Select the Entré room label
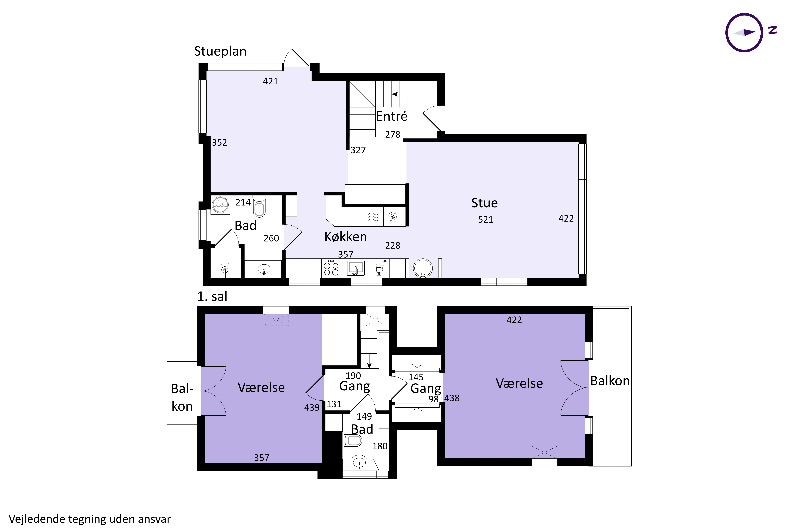[392, 116]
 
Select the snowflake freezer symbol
[393, 217]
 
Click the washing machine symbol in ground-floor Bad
[220, 205]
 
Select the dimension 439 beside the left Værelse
[312, 407]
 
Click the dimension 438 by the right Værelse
[452, 398]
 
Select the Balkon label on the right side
[610, 381]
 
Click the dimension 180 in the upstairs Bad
[380, 446]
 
